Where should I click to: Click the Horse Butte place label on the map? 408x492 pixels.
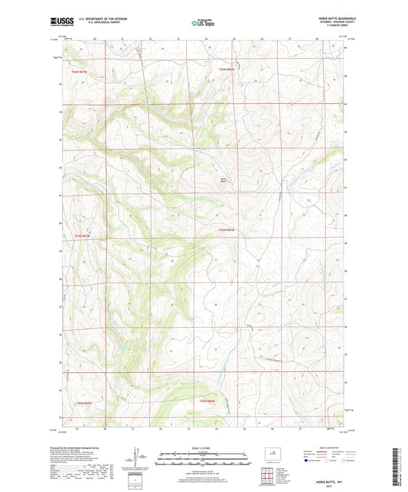[224, 180]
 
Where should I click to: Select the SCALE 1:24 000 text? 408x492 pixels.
[203, 448]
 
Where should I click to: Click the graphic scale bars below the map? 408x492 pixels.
[203, 461]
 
